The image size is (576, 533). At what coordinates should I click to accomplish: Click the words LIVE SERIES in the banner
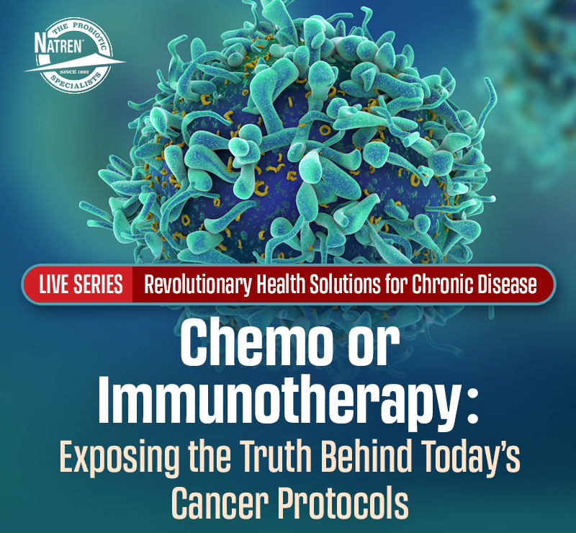(x=81, y=284)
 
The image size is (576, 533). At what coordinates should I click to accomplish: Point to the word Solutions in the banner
(x=345, y=284)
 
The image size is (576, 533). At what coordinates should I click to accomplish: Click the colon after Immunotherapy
(x=473, y=408)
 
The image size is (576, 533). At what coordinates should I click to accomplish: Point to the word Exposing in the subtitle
(x=120, y=457)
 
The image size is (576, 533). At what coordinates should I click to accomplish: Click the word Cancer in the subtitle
(x=219, y=503)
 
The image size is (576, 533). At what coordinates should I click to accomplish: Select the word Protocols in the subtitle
(x=343, y=503)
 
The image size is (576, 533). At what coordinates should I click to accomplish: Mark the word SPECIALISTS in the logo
(x=76, y=82)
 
